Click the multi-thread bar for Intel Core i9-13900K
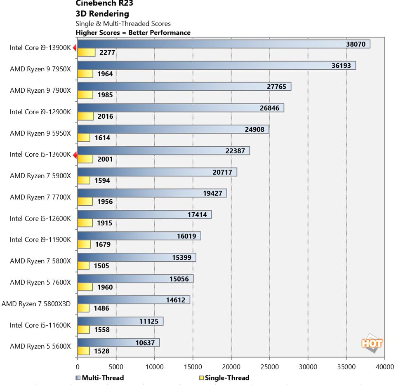click(223, 44)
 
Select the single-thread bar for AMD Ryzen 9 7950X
click(84, 74)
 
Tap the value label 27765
click(279, 87)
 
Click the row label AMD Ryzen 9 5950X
click(40, 133)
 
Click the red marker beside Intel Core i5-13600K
click(75, 155)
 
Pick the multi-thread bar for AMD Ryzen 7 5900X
click(157, 172)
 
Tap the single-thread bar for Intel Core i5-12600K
click(85, 223)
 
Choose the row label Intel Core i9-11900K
click(40, 239)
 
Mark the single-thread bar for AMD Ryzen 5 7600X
click(85, 287)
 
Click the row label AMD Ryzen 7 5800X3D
click(36, 304)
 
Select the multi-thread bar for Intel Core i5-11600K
click(120, 321)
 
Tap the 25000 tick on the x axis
click(269, 366)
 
